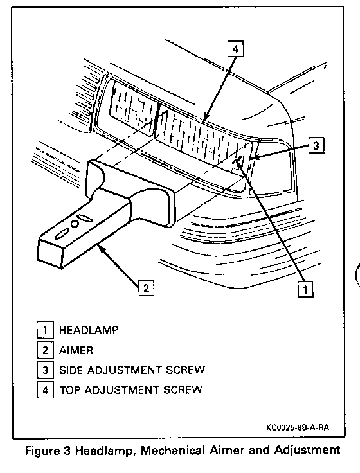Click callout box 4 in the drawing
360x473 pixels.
click(235, 49)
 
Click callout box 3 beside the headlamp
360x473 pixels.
click(316, 145)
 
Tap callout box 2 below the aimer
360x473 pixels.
click(147, 288)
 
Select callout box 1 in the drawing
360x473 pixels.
click(305, 289)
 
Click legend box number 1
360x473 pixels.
click(45, 330)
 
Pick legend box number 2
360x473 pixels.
click(45, 350)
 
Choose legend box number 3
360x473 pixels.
click(45, 370)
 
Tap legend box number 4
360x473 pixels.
click(45, 389)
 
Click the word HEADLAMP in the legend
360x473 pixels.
click(89, 330)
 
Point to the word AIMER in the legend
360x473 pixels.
click(76, 350)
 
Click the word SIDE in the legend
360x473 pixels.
click(71, 370)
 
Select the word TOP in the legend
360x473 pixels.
click(69, 389)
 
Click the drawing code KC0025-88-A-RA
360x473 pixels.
click(298, 427)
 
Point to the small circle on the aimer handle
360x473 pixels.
click(75, 224)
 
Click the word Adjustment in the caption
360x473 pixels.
click(307, 451)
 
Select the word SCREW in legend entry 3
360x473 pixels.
click(185, 370)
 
